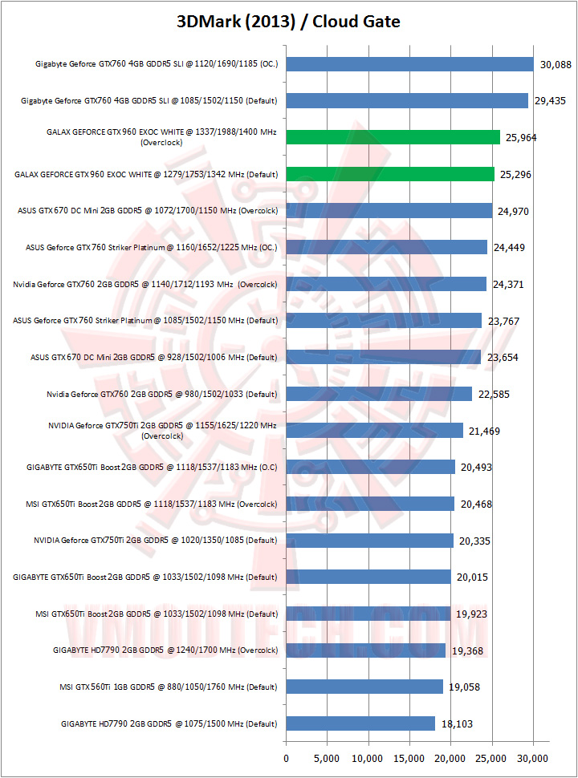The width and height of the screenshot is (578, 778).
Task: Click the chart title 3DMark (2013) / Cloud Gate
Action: click(x=288, y=22)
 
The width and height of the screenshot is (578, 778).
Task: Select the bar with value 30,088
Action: click(x=409, y=64)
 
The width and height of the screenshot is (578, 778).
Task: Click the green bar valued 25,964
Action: click(x=393, y=137)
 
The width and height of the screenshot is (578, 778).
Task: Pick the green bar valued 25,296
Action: click(x=390, y=174)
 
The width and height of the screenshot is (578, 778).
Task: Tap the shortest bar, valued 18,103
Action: click(x=360, y=723)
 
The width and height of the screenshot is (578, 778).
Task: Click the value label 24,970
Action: click(x=513, y=211)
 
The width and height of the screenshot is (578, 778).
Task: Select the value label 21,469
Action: click(x=484, y=431)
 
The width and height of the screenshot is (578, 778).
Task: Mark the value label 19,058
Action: click(x=464, y=687)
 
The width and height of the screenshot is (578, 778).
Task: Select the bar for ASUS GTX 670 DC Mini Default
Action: click(x=384, y=357)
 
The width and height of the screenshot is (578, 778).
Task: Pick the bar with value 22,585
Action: click(x=379, y=394)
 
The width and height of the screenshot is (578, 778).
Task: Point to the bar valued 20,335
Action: click(x=370, y=541)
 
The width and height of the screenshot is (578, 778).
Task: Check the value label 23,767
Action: click(x=503, y=321)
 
